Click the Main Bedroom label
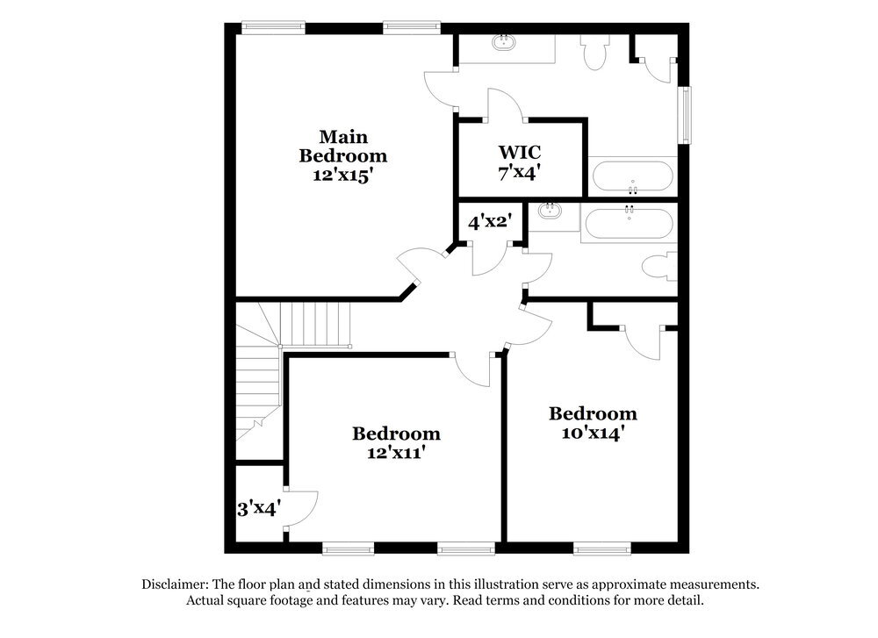(x=343, y=147)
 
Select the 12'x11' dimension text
(x=396, y=454)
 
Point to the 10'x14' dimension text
(x=593, y=434)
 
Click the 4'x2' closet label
(x=489, y=223)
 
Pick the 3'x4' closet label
(x=259, y=508)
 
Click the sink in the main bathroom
(x=505, y=41)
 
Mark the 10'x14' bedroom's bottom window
(x=603, y=548)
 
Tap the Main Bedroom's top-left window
(x=267, y=26)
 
